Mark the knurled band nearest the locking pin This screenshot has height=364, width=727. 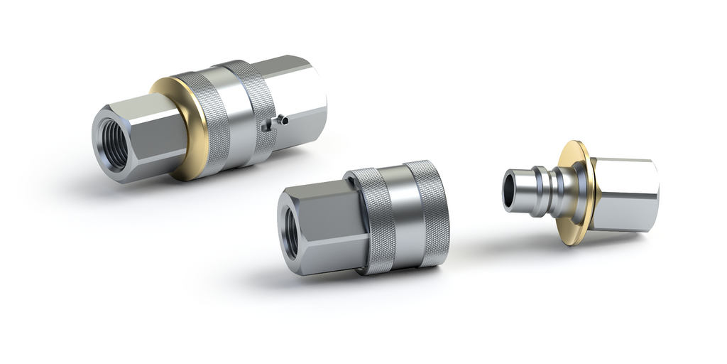[256, 107]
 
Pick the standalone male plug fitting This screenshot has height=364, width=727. [582, 192]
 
